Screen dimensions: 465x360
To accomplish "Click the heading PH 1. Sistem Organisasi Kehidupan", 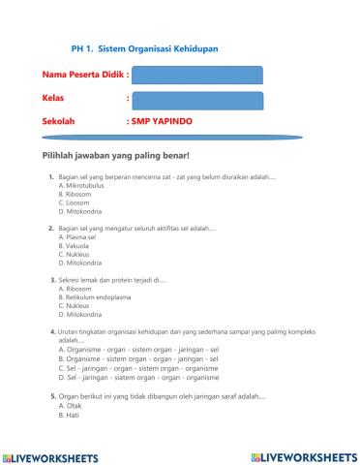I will click(x=144, y=46).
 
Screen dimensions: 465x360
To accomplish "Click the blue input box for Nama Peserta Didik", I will click(x=196, y=75).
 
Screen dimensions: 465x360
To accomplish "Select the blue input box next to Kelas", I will click(x=196, y=99).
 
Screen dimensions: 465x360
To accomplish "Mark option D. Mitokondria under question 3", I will click(x=81, y=314).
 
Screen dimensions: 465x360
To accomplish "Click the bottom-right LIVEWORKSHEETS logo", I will click(x=303, y=455).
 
